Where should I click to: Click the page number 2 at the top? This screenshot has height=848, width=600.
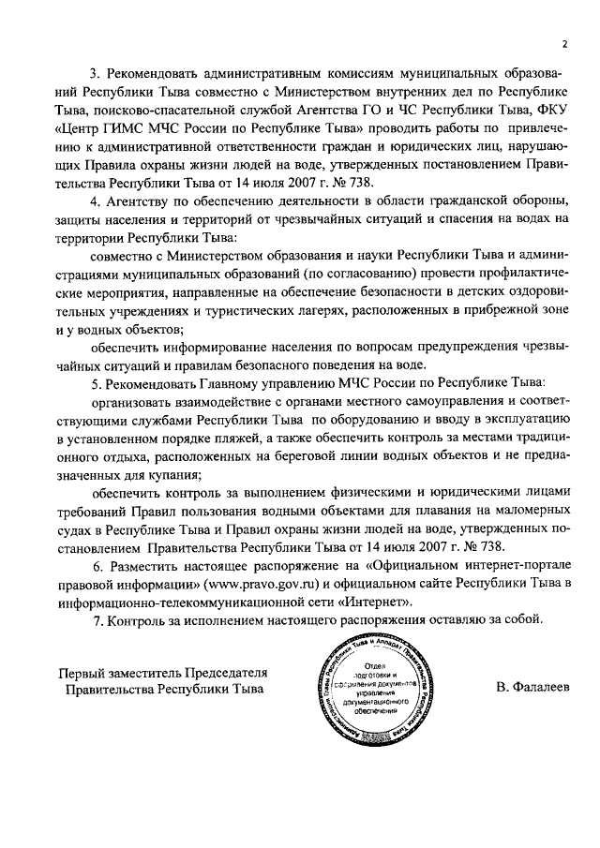[565, 43]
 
